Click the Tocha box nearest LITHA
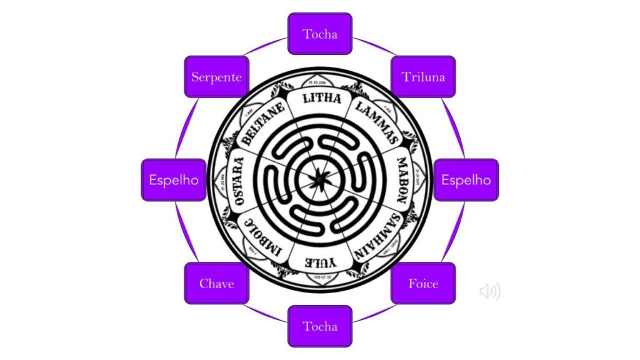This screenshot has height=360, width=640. point(320,34)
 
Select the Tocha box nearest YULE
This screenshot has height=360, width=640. point(320,326)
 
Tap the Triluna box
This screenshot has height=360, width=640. point(423,77)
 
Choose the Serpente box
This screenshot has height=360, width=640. point(217,77)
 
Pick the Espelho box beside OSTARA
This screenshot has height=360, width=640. point(174,180)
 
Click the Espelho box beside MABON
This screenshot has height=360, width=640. point(466,180)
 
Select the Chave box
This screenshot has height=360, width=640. point(217,283)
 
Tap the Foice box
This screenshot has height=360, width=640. point(423,283)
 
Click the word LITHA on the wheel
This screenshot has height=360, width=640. point(321,99)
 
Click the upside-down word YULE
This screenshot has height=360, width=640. point(320,262)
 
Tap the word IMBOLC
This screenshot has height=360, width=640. point(263,237)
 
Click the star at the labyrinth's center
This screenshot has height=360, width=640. point(320,180)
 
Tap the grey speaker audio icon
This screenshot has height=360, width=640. point(490,291)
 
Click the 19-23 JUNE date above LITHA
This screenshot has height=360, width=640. point(321,82)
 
